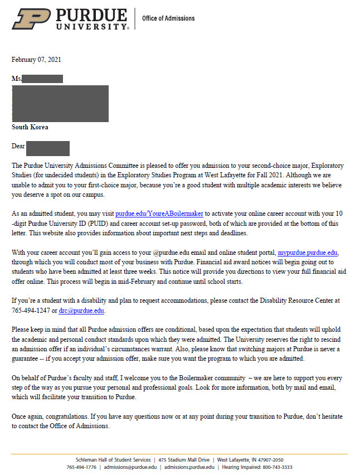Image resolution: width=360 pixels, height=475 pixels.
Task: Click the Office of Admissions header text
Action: [168, 18]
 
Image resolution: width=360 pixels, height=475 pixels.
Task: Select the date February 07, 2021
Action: [36, 60]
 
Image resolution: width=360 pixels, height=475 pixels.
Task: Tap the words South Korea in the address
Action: [30, 127]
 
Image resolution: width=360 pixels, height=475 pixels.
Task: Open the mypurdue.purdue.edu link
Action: [308, 253]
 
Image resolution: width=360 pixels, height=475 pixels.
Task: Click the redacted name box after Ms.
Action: [43, 79]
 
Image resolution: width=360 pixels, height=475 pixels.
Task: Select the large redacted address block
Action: [60, 103]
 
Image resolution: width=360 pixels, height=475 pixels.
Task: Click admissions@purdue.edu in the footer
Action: [130, 467]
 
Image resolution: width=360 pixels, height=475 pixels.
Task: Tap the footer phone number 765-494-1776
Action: [82, 467]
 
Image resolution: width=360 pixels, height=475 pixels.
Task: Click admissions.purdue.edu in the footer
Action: [189, 467]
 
